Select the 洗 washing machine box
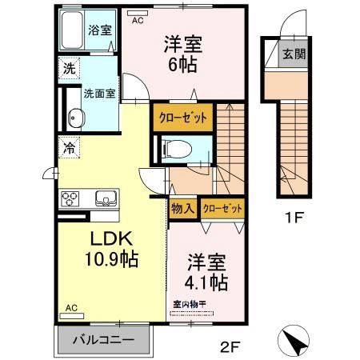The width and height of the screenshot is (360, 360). coord(69,69)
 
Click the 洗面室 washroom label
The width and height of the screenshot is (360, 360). coord(100,93)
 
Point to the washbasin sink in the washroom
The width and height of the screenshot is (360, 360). coord(77,117)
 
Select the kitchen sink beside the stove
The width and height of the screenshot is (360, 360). coord(104,198)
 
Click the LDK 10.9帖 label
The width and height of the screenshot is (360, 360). coord(105,249)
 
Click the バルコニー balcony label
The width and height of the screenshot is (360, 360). coord(105,338)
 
